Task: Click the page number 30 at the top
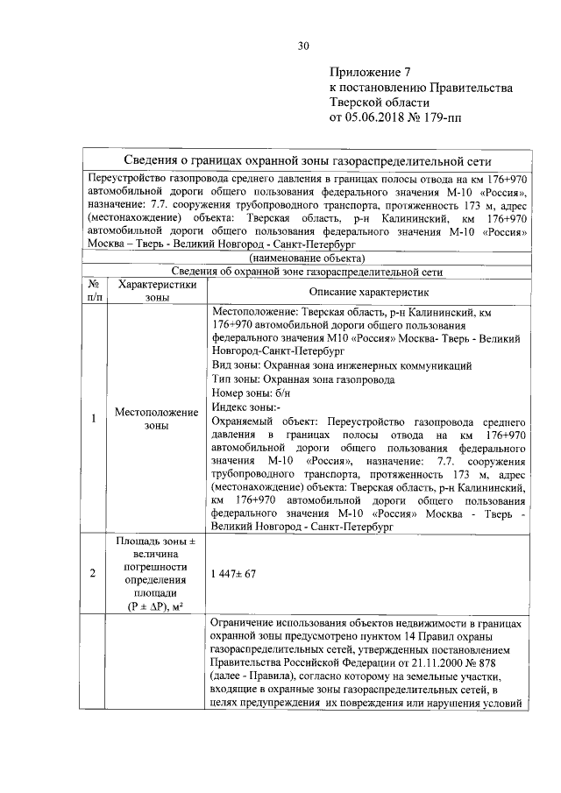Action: (303, 46)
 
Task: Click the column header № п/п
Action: (93, 291)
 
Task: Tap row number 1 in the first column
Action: (93, 418)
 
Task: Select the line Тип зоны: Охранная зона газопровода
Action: (302, 379)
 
